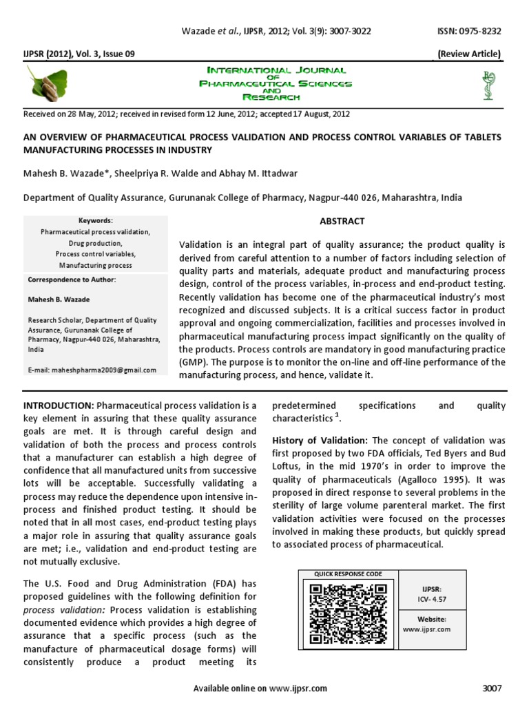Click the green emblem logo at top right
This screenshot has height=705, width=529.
[489, 83]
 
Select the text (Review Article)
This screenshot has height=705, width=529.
[470, 54]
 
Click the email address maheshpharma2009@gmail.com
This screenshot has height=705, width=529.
[92, 370]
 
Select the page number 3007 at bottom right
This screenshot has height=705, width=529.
[493, 688]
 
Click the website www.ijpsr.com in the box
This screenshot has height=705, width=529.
[426, 629]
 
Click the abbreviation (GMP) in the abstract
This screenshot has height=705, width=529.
[193, 362]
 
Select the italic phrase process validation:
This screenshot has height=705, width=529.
[65, 610]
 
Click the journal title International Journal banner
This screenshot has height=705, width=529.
[275, 71]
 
